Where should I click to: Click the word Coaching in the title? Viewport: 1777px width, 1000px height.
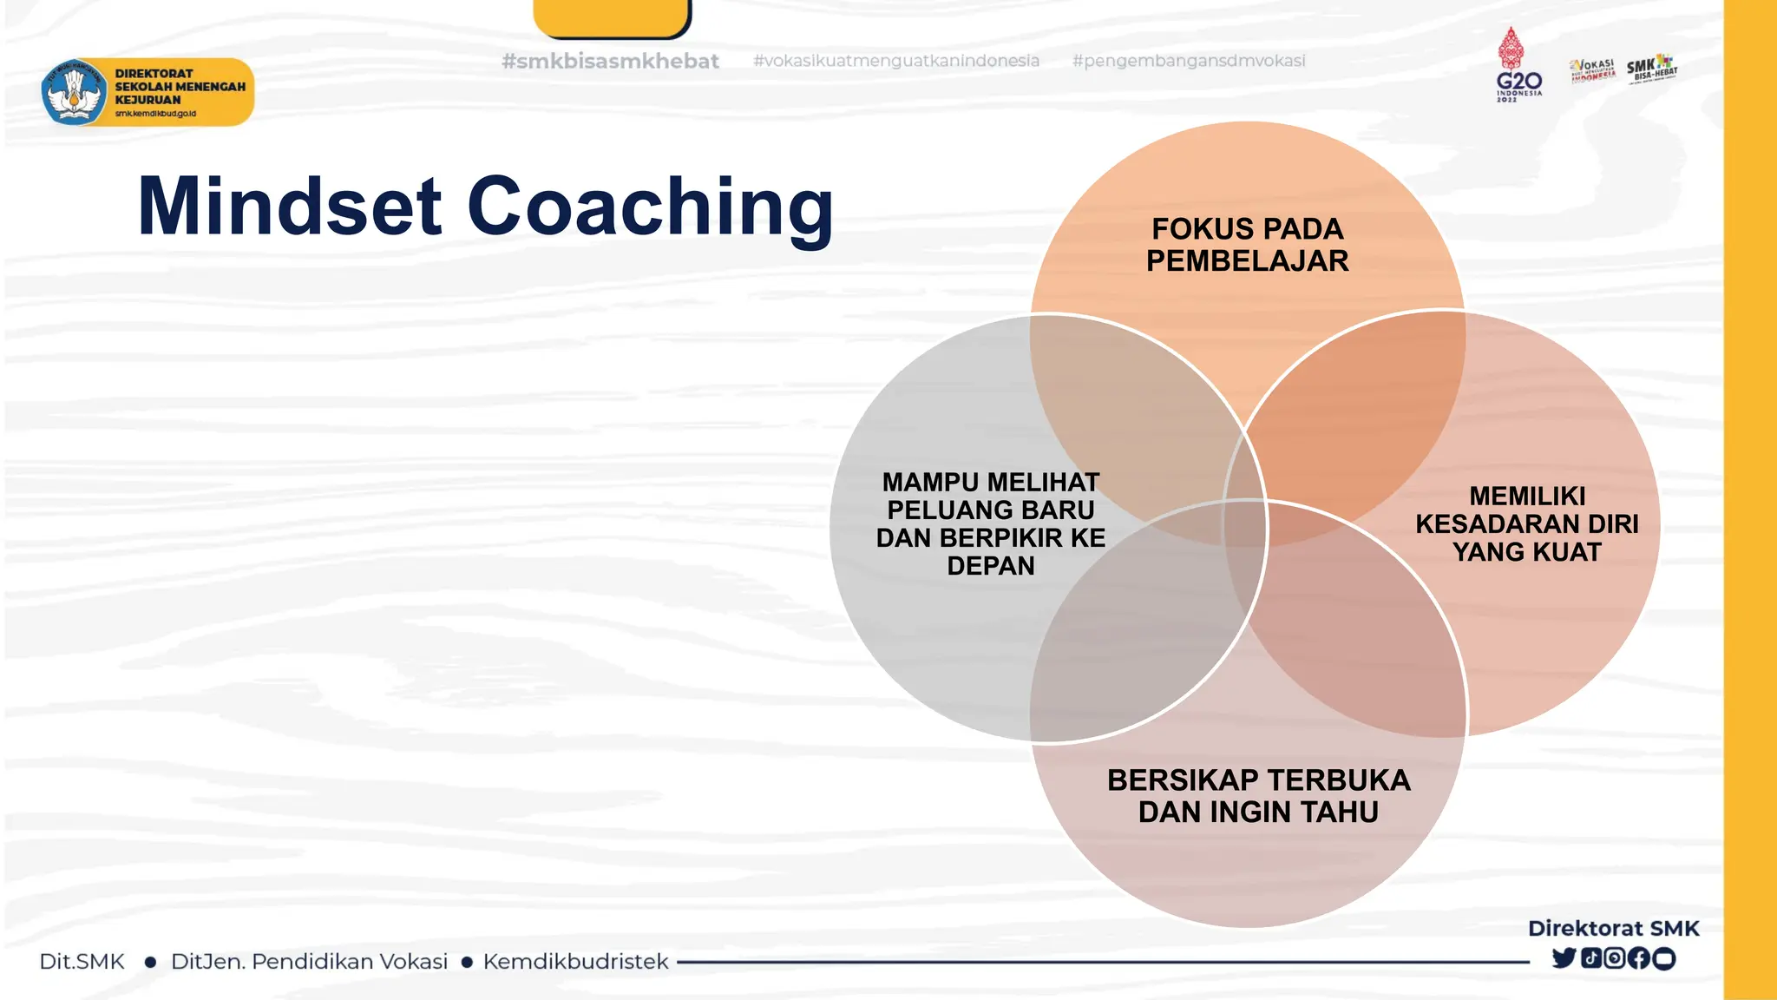(x=650, y=208)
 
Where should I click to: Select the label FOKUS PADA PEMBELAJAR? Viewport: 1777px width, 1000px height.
(x=1247, y=245)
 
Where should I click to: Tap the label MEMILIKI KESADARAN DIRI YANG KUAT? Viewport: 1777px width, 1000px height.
(x=1526, y=524)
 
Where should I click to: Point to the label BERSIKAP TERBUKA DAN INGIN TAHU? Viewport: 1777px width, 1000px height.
(x=1258, y=796)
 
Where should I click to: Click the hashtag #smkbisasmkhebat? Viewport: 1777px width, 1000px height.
(x=610, y=62)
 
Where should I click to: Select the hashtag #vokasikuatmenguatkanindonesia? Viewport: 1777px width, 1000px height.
(x=895, y=61)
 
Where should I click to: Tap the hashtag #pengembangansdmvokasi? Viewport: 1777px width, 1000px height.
(x=1188, y=61)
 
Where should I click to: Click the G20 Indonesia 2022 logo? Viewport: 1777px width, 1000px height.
(x=1518, y=66)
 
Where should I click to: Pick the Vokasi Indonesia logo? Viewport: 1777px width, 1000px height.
(x=1592, y=69)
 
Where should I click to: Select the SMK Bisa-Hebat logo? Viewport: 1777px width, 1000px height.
(x=1652, y=68)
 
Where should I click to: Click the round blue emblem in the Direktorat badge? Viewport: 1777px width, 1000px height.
(x=74, y=92)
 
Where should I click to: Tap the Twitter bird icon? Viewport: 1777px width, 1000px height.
(x=1564, y=958)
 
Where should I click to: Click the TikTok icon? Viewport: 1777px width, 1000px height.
(x=1590, y=958)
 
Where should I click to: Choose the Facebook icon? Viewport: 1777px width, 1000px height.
(x=1639, y=958)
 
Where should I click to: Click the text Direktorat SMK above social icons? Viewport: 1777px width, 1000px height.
(x=1613, y=928)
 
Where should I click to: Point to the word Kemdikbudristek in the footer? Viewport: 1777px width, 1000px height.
(x=575, y=962)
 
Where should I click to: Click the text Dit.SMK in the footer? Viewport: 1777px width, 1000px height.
(x=82, y=962)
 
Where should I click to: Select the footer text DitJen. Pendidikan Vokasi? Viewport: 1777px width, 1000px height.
(x=309, y=962)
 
